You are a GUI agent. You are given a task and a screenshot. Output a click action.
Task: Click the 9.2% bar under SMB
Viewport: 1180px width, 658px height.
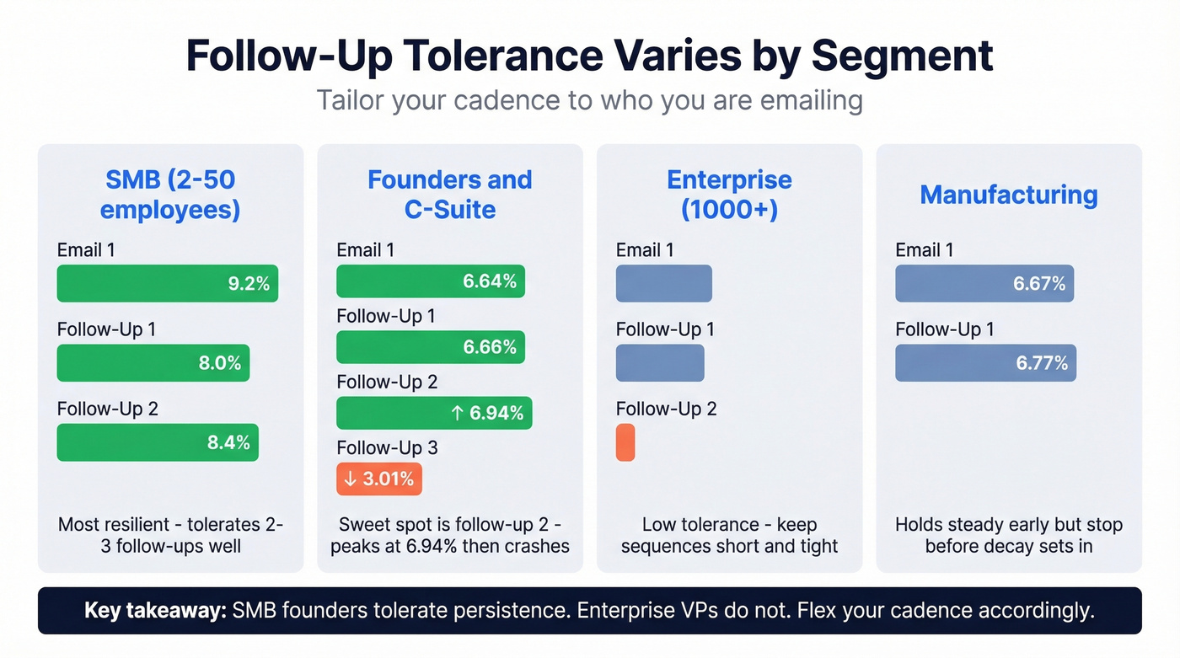pos(167,283)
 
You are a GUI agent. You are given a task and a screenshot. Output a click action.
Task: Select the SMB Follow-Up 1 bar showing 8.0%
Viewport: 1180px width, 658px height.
pos(153,363)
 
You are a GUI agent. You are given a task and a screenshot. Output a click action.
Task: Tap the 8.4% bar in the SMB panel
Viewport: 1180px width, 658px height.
pos(158,442)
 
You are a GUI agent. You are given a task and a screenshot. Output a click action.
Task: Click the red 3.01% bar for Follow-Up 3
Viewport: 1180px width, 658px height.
pos(378,479)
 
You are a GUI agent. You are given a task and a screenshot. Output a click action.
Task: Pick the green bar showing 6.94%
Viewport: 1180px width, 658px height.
pos(433,413)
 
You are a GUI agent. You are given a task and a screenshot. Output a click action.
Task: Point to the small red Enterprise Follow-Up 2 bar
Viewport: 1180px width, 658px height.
pos(625,442)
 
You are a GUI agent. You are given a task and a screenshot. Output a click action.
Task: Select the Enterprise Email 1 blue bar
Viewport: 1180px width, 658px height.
pos(663,283)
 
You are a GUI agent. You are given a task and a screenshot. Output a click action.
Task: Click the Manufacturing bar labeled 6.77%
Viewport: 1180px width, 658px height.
pos(984,363)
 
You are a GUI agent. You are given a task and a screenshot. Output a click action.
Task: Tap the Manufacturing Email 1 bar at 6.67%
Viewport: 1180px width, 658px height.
pos(984,283)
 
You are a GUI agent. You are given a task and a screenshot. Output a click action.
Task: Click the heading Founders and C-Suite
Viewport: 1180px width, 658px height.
pos(449,194)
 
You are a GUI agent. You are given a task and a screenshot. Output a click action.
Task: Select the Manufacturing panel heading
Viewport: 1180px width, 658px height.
pos(1008,195)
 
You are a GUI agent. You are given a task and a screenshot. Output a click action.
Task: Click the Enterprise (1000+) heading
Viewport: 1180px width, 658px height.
pos(729,194)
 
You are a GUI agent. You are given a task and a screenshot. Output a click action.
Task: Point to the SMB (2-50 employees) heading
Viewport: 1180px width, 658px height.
pos(169,194)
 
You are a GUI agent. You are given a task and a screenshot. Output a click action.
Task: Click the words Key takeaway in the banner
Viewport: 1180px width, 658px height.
pos(155,611)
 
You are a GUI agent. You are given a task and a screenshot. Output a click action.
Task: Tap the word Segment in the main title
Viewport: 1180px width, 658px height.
pos(901,56)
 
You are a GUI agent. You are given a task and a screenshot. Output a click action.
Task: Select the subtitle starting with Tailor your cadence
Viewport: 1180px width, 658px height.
pos(589,100)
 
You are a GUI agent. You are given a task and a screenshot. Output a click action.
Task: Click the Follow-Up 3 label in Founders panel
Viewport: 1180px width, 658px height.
pos(387,447)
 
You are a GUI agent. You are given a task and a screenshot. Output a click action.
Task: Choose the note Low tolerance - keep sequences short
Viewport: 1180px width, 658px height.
pos(729,535)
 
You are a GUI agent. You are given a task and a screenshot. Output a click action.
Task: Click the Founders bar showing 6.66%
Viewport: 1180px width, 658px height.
pos(430,347)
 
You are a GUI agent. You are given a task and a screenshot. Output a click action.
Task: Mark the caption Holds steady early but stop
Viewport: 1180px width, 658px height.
pos(1008,535)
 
